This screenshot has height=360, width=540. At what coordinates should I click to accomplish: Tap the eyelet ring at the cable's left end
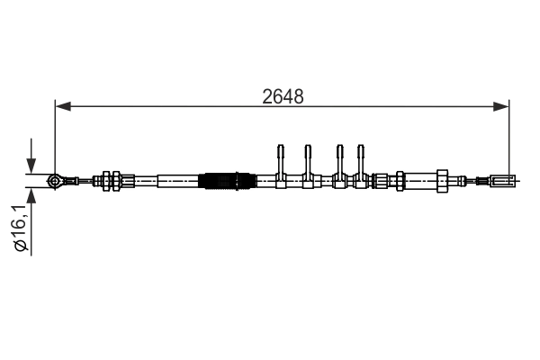(55, 181)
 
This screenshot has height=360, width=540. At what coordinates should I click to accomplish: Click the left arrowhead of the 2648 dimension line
(61, 106)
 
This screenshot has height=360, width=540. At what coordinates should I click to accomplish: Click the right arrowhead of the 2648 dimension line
(504, 106)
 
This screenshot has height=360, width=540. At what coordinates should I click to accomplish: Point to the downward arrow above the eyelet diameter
(31, 166)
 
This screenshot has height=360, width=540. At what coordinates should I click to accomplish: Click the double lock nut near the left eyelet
(112, 181)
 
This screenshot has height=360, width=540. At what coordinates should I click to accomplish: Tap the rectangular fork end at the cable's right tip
(502, 181)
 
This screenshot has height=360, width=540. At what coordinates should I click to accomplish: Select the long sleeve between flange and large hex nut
(418, 181)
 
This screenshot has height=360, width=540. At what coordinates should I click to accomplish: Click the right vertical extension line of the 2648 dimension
(510, 135)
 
